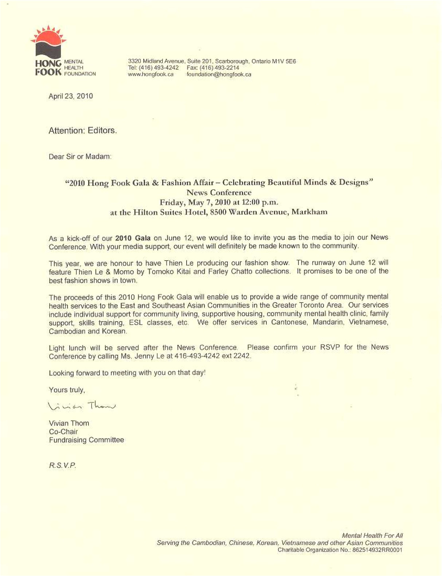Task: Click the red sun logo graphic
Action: [48, 41]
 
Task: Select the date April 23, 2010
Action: [71, 96]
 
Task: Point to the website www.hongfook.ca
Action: [150, 74]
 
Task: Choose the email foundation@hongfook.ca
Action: [219, 74]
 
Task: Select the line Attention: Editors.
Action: [83, 131]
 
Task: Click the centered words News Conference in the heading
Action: [219, 192]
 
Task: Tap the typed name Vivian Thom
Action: [69, 423]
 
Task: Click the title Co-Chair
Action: [63, 432]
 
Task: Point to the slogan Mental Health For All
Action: [372, 536]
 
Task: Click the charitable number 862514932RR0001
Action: [377, 550]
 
